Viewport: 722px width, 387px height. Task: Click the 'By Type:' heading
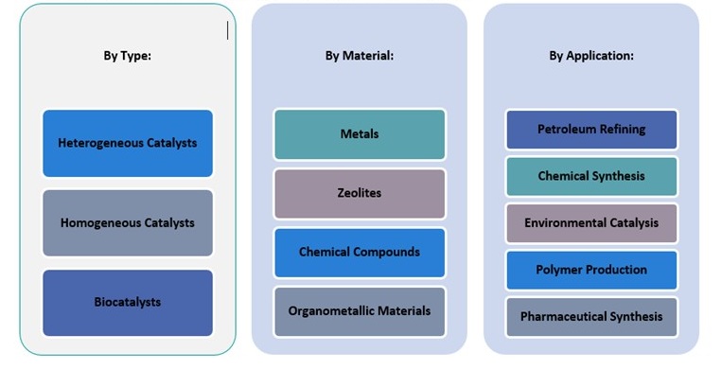(127, 56)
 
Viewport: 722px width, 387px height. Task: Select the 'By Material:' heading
(359, 56)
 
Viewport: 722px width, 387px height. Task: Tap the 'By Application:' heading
(591, 56)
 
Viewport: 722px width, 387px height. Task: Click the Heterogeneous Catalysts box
(128, 144)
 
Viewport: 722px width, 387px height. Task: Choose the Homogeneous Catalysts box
(128, 223)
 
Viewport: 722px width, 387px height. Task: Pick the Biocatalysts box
(128, 303)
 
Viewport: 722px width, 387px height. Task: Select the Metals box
(360, 134)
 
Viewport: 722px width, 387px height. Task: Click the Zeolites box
(360, 194)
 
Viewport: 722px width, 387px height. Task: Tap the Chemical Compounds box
(360, 253)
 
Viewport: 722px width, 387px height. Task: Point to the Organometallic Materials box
(360, 311)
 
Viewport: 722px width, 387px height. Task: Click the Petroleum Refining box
(591, 130)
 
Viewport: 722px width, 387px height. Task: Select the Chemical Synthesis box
(591, 177)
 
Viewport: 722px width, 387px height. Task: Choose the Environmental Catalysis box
(591, 223)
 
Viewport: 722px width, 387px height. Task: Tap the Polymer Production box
(591, 270)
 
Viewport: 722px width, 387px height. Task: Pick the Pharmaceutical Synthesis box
(591, 317)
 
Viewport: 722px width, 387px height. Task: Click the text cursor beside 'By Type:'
(227, 30)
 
